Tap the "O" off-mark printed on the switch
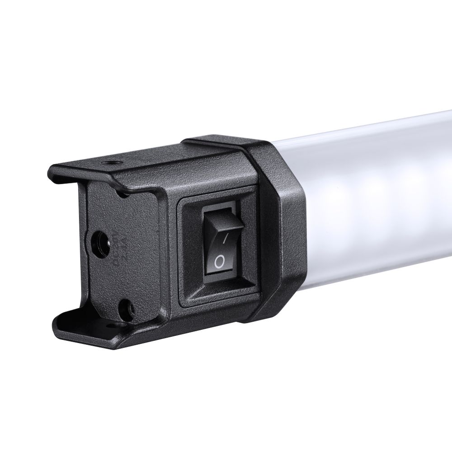pos(219,261)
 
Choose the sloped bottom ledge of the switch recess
pos(217,296)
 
